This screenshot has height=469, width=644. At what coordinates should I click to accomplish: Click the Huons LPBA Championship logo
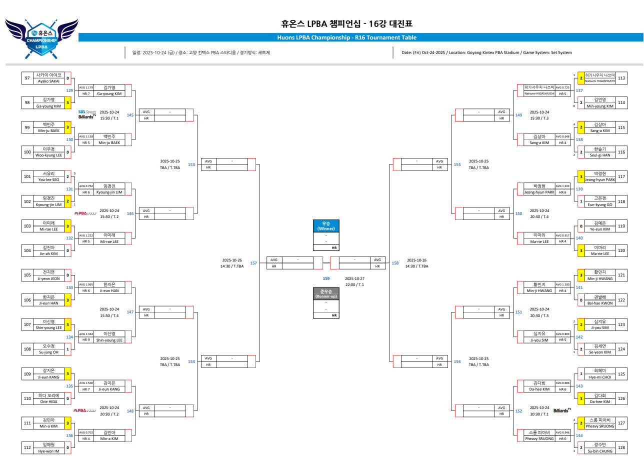point(42,35)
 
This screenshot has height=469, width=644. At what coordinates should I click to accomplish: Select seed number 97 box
point(27,78)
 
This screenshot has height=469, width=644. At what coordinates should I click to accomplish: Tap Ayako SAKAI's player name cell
point(48,78)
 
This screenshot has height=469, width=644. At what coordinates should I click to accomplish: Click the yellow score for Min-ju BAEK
point(67,127)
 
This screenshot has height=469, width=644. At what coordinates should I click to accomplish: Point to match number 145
point(130,115)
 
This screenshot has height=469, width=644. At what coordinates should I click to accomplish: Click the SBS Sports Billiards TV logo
point(87,114)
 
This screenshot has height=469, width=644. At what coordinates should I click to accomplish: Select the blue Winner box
point(325,226)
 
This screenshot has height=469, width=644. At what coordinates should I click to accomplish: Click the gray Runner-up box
point(325,293)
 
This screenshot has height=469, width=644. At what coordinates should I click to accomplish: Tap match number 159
point(326,278)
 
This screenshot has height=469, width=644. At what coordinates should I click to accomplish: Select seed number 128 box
point(621,447)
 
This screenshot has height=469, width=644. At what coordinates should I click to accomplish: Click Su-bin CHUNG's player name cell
point(599,447)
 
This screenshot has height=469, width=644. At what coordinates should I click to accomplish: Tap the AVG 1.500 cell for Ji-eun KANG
point(86,382)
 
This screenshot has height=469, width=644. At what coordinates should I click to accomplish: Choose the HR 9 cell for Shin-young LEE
point(86,340)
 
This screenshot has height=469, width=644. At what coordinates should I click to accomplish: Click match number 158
point(395,262)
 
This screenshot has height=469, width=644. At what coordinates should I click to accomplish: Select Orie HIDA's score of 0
point(67,398)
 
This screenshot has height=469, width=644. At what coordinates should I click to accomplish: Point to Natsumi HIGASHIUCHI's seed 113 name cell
point(599,78)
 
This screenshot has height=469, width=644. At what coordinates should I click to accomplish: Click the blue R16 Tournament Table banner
point(346,37)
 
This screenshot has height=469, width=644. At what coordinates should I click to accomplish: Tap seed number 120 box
point(621,250)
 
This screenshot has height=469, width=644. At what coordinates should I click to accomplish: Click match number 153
point(191,164)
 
